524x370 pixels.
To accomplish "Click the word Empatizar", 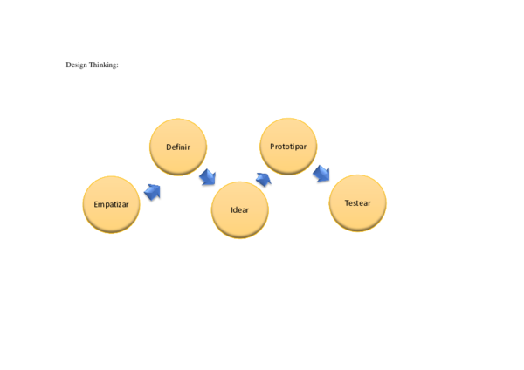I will pos(111,204).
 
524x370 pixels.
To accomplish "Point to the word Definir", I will pos(178,147).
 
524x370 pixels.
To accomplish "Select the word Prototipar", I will pos(288,147).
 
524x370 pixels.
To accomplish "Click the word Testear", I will pos(357,203).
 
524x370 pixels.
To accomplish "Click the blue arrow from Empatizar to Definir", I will pos(152,191).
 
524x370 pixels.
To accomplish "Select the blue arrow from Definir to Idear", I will pos(208,177).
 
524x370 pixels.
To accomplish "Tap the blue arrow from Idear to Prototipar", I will pos(263,179).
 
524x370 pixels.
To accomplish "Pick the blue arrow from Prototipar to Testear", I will pos(321,174).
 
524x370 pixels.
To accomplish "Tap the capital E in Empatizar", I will pos(96,204).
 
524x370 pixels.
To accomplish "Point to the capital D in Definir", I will pos(168,147).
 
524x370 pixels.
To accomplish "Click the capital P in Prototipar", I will pos(272,147).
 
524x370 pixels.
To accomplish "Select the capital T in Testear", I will pos(346,203).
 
